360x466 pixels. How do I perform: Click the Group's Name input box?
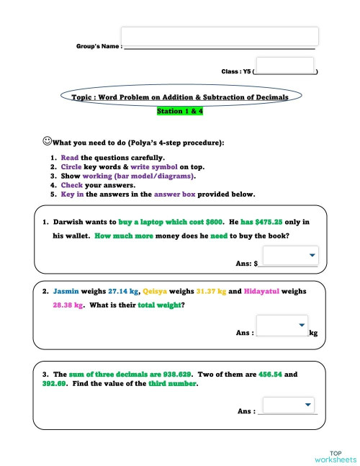click(x=220, y=37)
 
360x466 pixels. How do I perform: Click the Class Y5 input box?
click(x=284, y=66)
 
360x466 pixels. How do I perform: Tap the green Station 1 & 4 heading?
click(x=179, y=112)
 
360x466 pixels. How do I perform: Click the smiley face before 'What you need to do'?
click(x=47, y=141)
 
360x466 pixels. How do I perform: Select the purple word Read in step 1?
click(x=69, y=157)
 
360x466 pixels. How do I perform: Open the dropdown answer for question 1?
click(x=289, y=255)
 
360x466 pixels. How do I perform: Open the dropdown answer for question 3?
click(x=289, y=405)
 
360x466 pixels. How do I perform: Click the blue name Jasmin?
click(x=66, y=292)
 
